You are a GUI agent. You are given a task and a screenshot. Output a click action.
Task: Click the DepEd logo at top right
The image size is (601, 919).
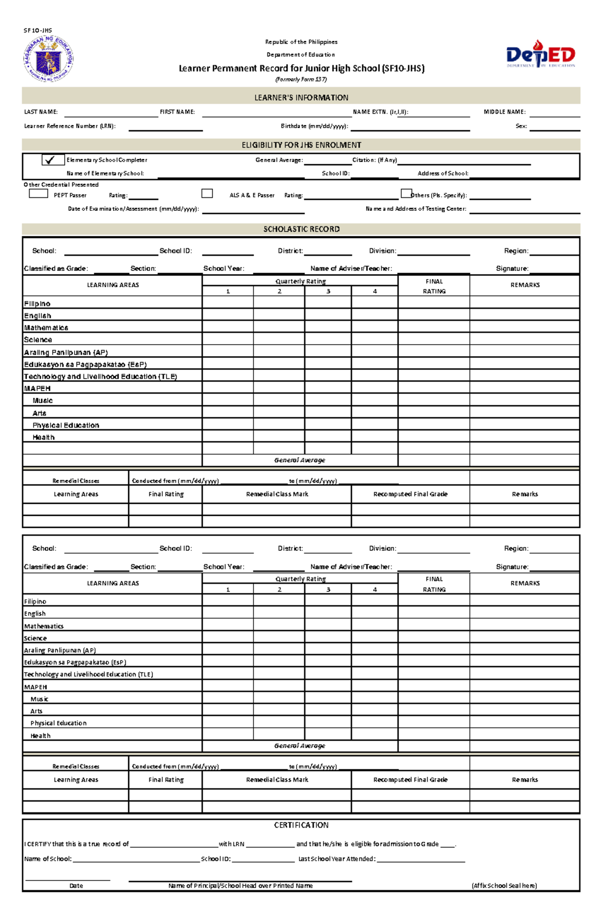pos(540,54)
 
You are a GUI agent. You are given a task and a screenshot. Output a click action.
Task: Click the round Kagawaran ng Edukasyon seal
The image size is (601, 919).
pos(48,59)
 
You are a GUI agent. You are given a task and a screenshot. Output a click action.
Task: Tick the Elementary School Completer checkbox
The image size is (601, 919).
pos(52,160)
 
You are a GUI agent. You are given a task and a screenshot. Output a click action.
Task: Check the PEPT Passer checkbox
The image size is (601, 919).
pos(39,193)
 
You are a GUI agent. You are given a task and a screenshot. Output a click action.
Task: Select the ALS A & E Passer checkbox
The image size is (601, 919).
pos(207,193)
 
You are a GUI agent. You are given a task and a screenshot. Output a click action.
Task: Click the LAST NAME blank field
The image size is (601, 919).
pos(111,112)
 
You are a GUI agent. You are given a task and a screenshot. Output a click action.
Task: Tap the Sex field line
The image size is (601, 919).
pos(554,126)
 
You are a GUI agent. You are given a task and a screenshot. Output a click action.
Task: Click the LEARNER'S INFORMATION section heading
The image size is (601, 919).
pos(301,98)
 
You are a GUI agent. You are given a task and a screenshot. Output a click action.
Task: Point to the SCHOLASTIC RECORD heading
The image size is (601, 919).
pos(301,229)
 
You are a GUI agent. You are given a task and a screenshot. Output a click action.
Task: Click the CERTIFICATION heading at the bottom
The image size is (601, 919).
pos(301,825)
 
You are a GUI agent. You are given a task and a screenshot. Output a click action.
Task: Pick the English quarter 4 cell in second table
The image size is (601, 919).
pos(375,613)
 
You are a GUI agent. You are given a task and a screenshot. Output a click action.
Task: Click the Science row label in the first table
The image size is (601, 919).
pos(38,340)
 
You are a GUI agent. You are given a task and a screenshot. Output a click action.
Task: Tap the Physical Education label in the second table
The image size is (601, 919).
pos(58,723)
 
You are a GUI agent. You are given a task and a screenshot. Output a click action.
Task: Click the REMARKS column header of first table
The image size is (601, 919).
pos(525,285)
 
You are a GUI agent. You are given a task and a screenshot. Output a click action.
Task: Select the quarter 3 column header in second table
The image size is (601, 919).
pos(328,589)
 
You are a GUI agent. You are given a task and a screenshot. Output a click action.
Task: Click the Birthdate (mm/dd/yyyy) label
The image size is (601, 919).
pos(314,126)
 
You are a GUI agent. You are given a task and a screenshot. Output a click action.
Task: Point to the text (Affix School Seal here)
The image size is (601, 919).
pos(504,885)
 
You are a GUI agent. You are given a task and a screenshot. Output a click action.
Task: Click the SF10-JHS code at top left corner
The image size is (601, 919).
pos(38,31)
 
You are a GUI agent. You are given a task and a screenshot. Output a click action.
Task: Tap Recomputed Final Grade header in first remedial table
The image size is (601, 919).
pos(410,494)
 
